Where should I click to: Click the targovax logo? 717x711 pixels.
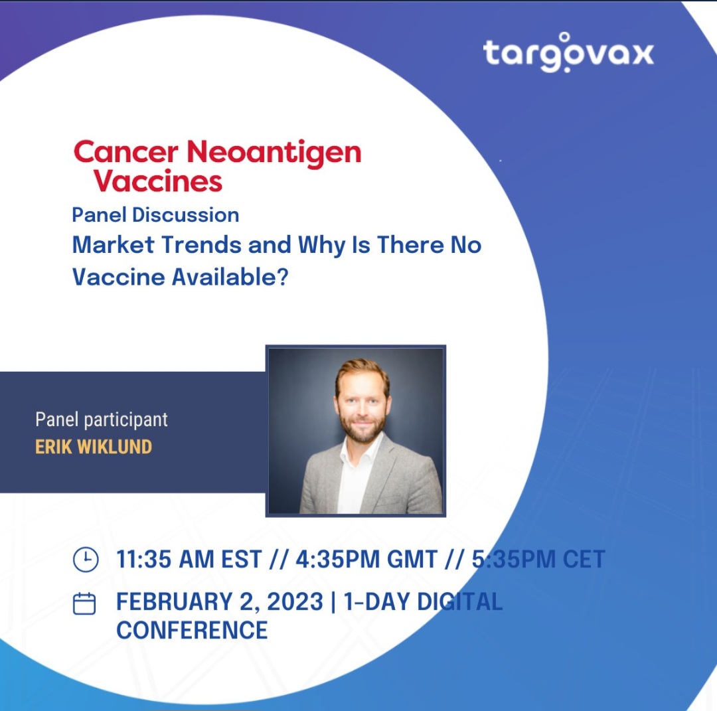point(568,52)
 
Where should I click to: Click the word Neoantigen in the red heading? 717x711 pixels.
point(274,152)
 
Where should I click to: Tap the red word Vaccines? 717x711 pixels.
point(158,181)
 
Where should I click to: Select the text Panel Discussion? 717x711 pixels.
point(155,215)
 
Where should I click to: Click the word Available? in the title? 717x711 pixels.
point(230,277)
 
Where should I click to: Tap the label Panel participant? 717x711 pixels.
point(102,420)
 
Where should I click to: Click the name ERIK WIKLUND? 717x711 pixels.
point(94,447)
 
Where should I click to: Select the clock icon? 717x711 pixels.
point(86,559)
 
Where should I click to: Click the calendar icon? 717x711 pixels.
point(84,603)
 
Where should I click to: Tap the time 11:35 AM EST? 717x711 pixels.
point(189,559)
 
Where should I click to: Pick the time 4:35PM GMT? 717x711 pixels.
point(366,559)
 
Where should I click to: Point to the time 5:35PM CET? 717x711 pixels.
point(538,559)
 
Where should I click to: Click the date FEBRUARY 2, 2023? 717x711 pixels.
point(220,601)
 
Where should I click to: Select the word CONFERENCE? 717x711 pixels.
point(192,630)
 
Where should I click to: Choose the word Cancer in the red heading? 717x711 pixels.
point(125,152)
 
